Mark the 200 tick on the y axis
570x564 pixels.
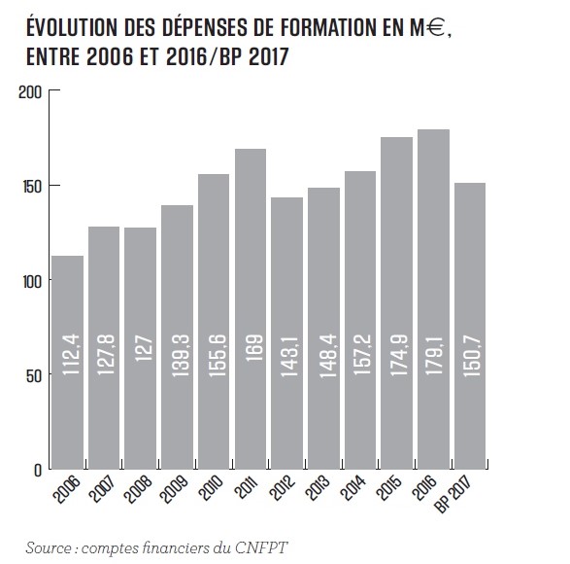(30, 91)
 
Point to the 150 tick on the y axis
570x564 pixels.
(30, 186)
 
